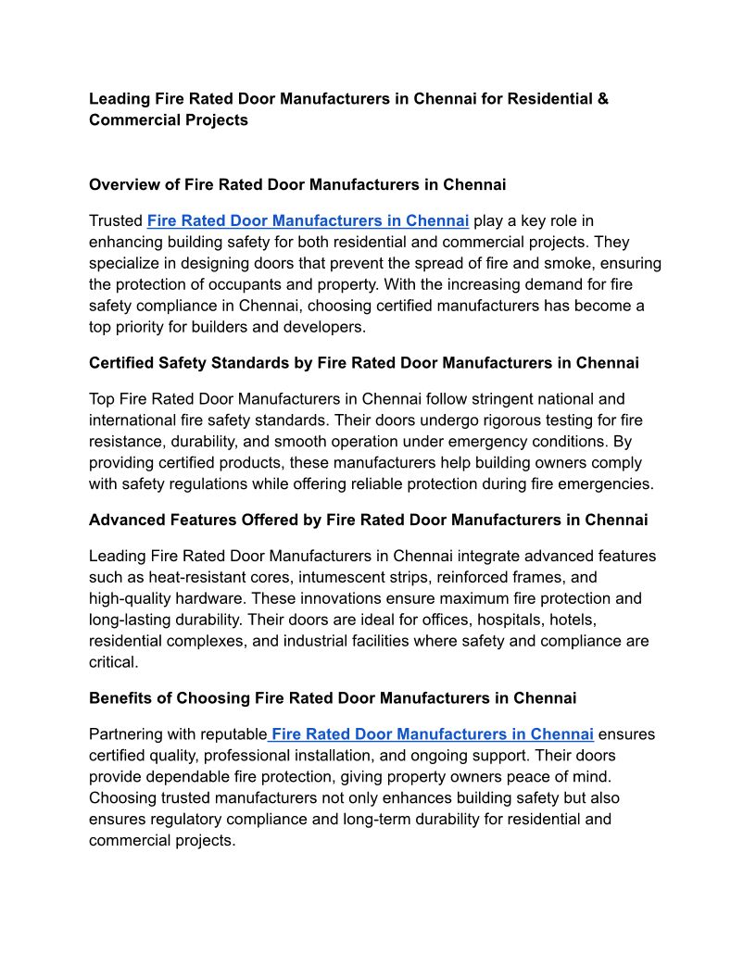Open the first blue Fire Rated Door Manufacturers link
308,220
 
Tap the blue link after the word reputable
432,733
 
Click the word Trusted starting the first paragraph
116,220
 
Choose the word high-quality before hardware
130,598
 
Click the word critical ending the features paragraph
113,662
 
